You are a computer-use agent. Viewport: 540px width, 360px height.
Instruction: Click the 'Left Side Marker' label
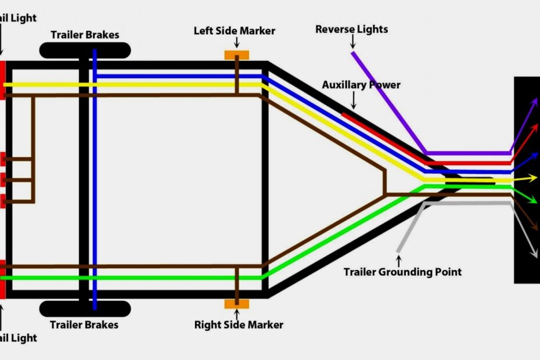point(234,30)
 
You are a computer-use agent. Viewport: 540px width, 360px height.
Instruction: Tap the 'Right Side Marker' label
point(239,325)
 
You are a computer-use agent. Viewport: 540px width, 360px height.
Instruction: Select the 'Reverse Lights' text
point(351,29)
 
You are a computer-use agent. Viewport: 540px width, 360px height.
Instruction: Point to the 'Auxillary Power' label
point(361,85)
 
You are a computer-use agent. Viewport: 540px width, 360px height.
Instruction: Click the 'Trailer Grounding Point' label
point(402,272)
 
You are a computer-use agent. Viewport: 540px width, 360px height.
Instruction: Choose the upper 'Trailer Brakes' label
point(85,35)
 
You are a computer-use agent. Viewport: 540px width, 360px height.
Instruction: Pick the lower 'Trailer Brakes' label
point(84,325)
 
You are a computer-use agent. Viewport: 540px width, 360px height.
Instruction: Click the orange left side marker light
point(237,55)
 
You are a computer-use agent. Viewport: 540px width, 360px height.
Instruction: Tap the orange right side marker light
point(237,304)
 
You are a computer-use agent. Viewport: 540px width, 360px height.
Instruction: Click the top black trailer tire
point(85,51)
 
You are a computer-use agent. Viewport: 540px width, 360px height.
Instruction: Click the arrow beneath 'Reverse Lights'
point(352,42)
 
